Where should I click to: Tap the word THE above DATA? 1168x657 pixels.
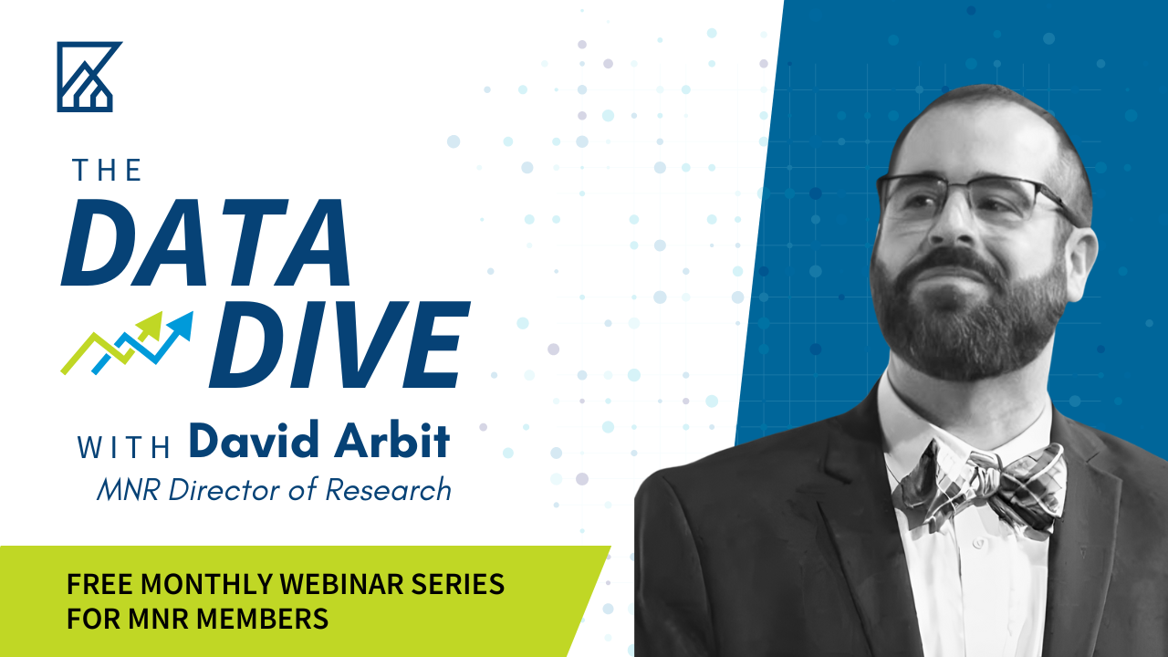[x=107, y=171]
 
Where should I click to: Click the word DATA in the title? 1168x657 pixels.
[x=206, y=243]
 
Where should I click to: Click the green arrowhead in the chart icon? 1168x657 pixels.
[x=151, y=326]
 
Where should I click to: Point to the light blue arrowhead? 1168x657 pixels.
[x=182, y=324]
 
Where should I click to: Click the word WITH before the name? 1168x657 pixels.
[x=123, y=447]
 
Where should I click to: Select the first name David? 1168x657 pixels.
[x=254, y=440]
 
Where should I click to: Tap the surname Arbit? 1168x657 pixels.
[x=391, y=440]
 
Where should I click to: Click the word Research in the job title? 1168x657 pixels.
[x=389, y=490]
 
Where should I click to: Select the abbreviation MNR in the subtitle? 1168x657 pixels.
[x=129, y=490]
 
